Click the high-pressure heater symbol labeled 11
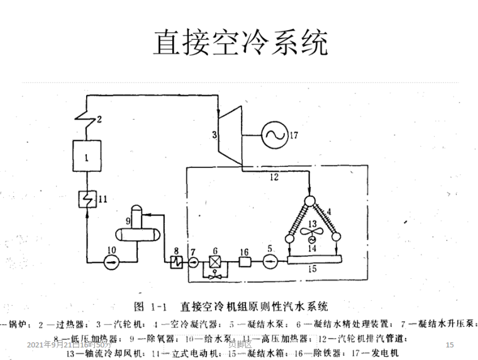click(x=84, y=200)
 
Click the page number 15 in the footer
click(x=449, y=345)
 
